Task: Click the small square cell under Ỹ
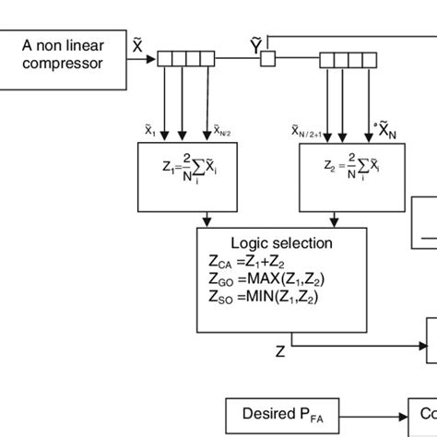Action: coord(267,59)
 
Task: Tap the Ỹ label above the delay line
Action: coord(256,42)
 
